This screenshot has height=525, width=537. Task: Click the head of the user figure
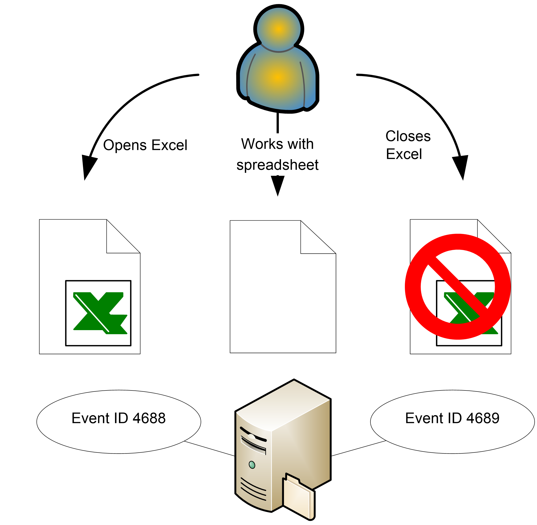coord(278,29)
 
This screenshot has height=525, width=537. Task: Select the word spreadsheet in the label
coord(277,165)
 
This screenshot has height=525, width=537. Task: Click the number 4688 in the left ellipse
coord(149,418)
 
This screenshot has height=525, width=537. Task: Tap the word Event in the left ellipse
coord(90,418)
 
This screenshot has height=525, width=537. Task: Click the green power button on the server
coord(252,465)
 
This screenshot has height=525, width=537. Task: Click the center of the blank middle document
coord(283,287)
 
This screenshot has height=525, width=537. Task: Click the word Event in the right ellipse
coord(424,418)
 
